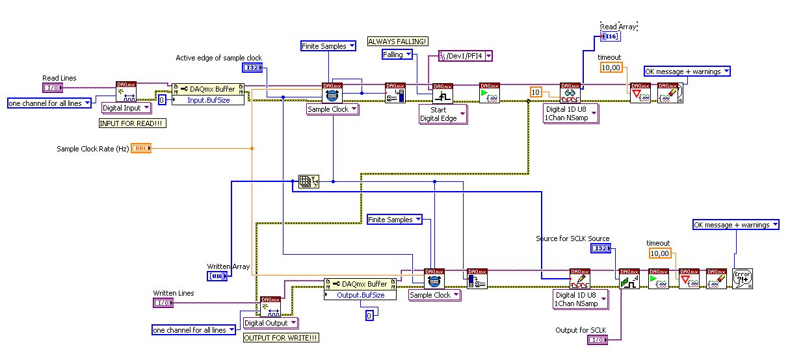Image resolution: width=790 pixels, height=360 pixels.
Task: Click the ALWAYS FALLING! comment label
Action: coord(398,42)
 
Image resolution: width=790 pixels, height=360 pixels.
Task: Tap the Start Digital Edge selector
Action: coord(442,114)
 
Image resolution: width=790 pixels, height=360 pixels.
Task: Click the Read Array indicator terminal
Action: coord(611,37)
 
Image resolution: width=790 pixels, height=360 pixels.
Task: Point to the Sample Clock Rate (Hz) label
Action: coord(92,149)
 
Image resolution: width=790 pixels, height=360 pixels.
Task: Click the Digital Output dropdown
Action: coord(270,323)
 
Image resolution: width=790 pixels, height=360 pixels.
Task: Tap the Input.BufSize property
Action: coord(207,100)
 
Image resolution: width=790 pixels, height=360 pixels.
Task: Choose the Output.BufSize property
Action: coord(360,295)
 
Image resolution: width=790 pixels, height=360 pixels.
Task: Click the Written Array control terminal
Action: coord(216,277)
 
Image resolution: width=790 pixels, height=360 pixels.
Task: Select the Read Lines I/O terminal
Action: coord(53,88)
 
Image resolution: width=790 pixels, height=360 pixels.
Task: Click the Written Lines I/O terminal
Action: coord(163,303)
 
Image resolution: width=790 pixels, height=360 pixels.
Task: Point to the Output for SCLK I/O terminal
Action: coord(598,340)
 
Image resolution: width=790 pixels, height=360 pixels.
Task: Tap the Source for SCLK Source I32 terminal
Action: coord(601,249)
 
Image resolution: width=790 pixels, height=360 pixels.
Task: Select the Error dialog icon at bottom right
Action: coord(742,278)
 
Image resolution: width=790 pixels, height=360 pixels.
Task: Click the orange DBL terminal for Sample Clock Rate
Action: coord(140,149)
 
